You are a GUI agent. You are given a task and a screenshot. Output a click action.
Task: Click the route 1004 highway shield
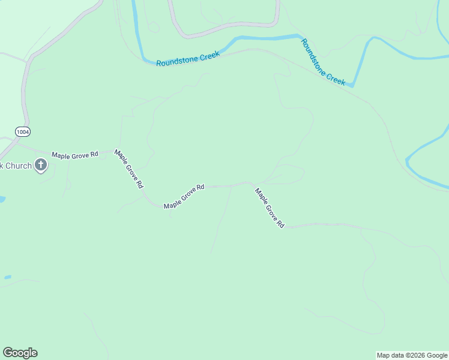(x=22, y=131)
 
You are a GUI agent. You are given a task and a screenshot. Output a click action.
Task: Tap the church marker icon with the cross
(x=41, y=165)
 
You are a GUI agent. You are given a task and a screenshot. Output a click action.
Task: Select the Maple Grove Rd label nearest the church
(x=74, y=155)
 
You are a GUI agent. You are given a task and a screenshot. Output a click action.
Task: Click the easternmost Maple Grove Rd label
(x=269, y=208)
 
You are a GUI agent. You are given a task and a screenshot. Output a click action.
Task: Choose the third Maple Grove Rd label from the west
(x=184, y=196)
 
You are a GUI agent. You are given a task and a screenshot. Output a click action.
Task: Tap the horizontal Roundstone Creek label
(x=188, y=58)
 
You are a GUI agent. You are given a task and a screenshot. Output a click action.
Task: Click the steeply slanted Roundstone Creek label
(x=324, y=62)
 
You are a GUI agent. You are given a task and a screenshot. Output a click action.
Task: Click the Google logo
(x=20, y=353)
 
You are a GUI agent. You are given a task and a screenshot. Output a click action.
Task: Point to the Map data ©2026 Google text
(x=412, y=355)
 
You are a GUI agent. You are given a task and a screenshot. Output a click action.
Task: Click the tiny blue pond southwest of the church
(x=7, y=277)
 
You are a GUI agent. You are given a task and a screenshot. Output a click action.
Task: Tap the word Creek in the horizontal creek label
(x=209, y=55)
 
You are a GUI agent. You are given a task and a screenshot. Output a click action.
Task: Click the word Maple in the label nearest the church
(x=61, y=155)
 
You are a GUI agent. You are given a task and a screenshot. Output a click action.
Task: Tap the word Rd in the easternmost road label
(x=280, y=224)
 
